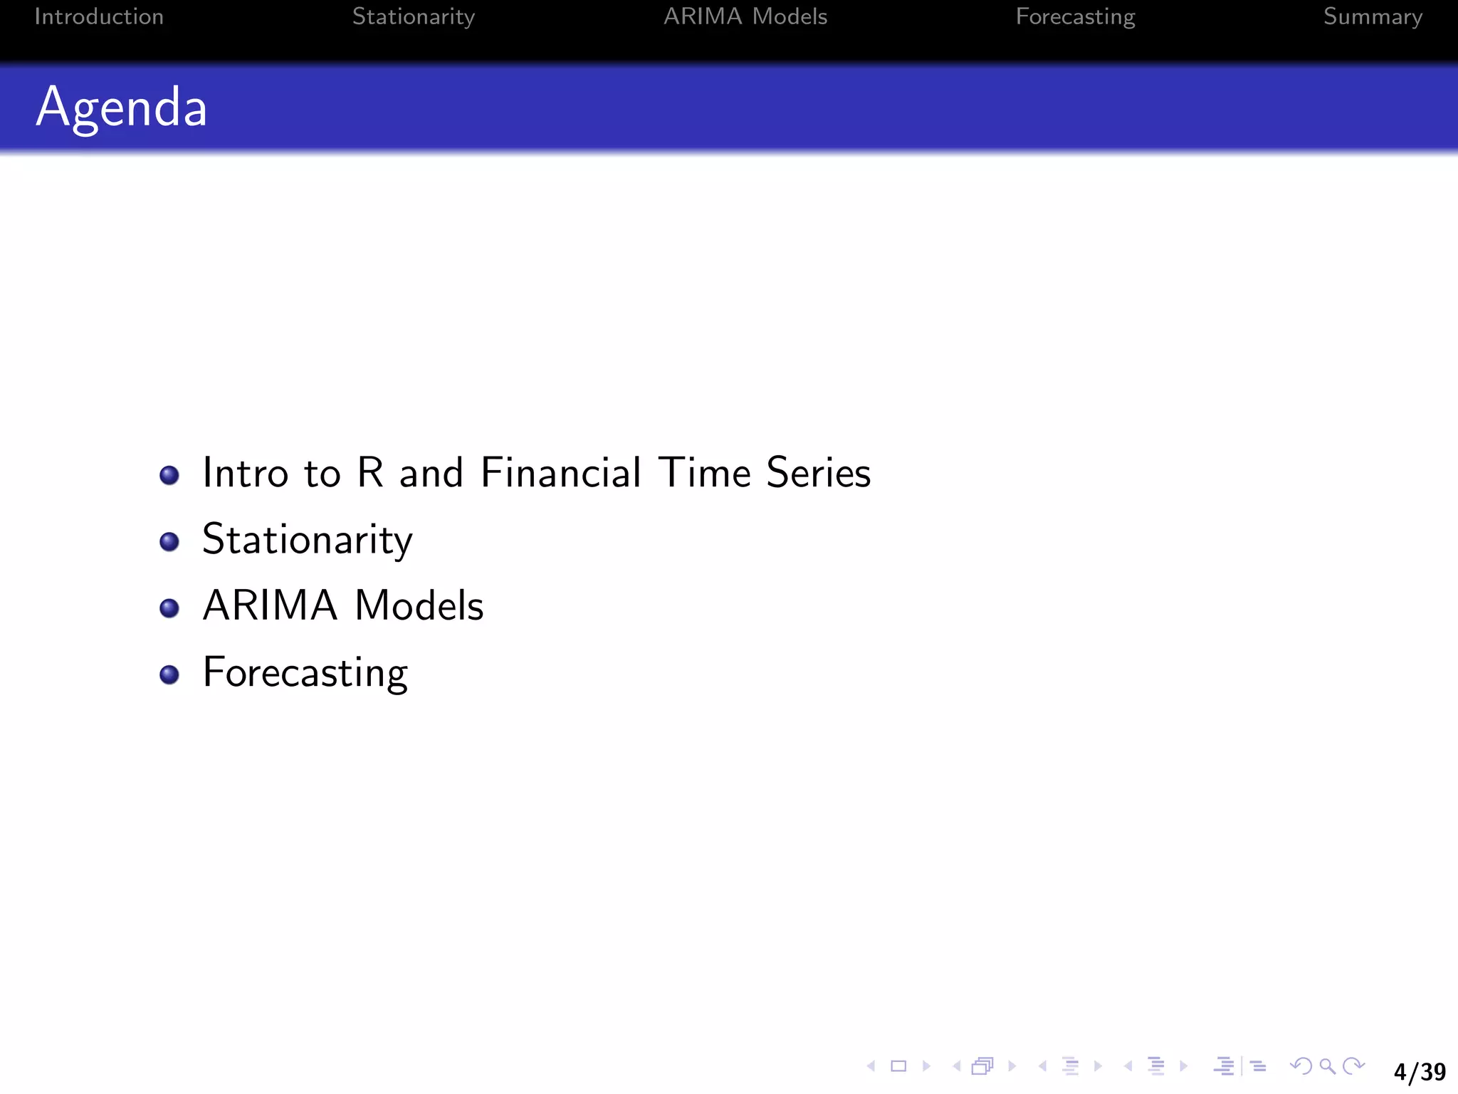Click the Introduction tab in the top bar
pyautogui.click(x=99, y=16)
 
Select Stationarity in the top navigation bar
pyautogui.click(x=413, y=16)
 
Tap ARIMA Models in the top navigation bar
pyautogui.click(x=745, y=16)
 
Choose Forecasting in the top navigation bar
pyautogui.click(x=1075, y=16)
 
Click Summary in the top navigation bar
pyautogui.click(x=1373, y=16)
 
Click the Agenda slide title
pyautogui.click(x=122, y=107)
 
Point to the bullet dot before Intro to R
pyautogui.click(x=169, y=475)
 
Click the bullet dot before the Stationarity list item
pyautogui.click(x=169, y=541)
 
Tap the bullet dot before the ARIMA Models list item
pyautogui.click(x=169, y=608)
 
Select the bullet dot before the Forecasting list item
pyautogui.click(x=169, y=674)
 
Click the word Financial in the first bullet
pyautogui.click(x=561, y=472)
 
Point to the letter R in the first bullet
pyautogui.click(x=370, y=472)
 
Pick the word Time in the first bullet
pyautogui.click(x=704, y=472)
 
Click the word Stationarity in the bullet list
pyautogui.click(x=307, y=540)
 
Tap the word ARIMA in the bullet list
pyautogui.click(x=270, y=606)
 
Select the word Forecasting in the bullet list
pyautogui.click(x=305, y=672)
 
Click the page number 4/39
pyautogui.click(x=1419, y=1071)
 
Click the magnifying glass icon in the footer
pyautogui.click(x=1327, y=1066)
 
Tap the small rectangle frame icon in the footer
pyautogui.click(x=898, y=1066)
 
